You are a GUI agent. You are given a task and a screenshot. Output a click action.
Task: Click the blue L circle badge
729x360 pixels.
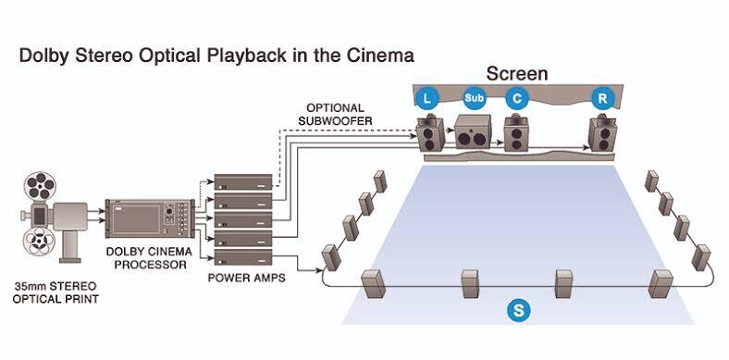(x=428, y=98)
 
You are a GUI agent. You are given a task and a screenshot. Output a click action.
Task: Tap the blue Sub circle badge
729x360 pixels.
(x=474, y=98)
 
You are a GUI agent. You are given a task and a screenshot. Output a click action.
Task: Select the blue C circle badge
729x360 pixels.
(x=517, y=98)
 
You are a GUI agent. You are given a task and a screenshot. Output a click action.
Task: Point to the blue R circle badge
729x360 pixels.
(x=602, y=98)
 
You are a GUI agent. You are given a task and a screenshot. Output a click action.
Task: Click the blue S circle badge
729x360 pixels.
(x=519, y=310)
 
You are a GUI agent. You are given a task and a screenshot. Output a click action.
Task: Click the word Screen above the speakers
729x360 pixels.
(x=517, y=73)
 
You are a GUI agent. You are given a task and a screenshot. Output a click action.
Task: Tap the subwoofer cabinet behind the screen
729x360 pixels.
(x=473, y=131)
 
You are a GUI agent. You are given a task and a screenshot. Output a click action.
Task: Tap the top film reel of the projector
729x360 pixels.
(x=40, y=186)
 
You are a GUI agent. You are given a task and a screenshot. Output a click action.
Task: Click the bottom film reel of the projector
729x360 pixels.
(x=39, y=241)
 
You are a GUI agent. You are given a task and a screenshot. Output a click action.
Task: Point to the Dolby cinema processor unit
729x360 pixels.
(x=150, y=218)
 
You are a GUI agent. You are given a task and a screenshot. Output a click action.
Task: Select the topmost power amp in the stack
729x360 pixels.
(x=242, y=182)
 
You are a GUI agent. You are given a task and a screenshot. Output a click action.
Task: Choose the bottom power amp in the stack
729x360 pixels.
(x=242, y=257)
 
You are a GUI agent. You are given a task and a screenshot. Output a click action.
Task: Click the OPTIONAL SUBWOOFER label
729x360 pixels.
(x=336, y=115)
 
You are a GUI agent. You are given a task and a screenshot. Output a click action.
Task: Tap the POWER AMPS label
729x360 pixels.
(x=246, y=279)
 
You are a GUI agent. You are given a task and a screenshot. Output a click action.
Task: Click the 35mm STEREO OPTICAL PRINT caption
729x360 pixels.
(x=56, y=292)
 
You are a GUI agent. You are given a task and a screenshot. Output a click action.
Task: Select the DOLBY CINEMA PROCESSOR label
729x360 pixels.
(x=149, y=258)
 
